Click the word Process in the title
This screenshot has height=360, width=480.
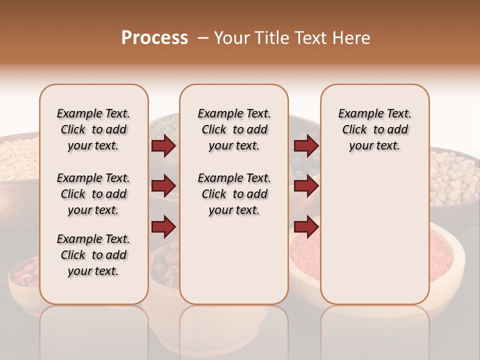(154, 38)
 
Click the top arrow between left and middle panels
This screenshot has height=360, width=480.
(163, 146)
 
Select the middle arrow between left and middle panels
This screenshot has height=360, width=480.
(163, 186)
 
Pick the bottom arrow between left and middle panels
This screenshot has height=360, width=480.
(163, 227)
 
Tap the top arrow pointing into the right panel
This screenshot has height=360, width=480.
(306, 146)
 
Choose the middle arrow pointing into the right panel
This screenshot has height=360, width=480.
(306, 186)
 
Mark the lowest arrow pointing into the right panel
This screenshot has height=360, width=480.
(306, 227)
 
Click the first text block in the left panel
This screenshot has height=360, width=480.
(93, 129)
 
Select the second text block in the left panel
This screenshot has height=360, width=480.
(93, 194)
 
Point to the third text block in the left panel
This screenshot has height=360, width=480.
(93, 255)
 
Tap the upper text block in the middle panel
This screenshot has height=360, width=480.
(234, 129)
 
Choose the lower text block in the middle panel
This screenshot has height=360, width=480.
(234, 194)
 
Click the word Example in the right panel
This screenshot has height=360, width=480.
(355, 113)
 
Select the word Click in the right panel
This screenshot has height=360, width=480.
(354, 129)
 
